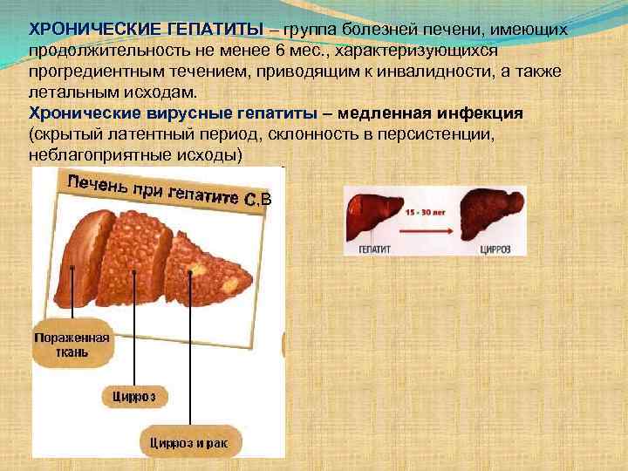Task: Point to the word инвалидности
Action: pos(460,72)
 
